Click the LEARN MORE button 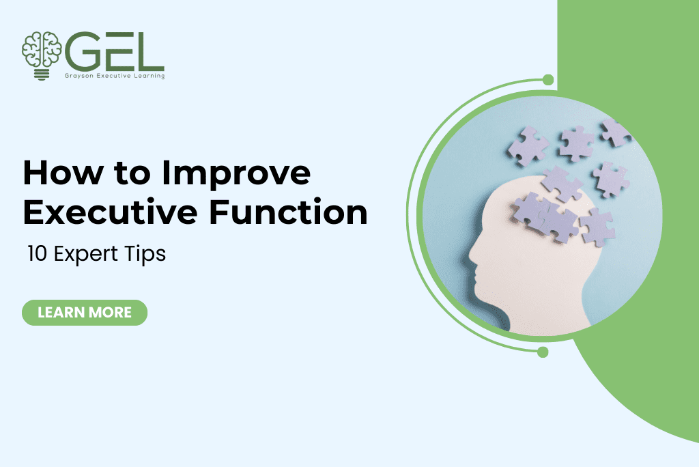click(x=85, y=313)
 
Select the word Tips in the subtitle click(x=148, y=254)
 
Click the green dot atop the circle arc click(x=547, y=81)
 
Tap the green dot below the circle click(x=543, y=352)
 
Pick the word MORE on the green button click(x=109, y=313)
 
